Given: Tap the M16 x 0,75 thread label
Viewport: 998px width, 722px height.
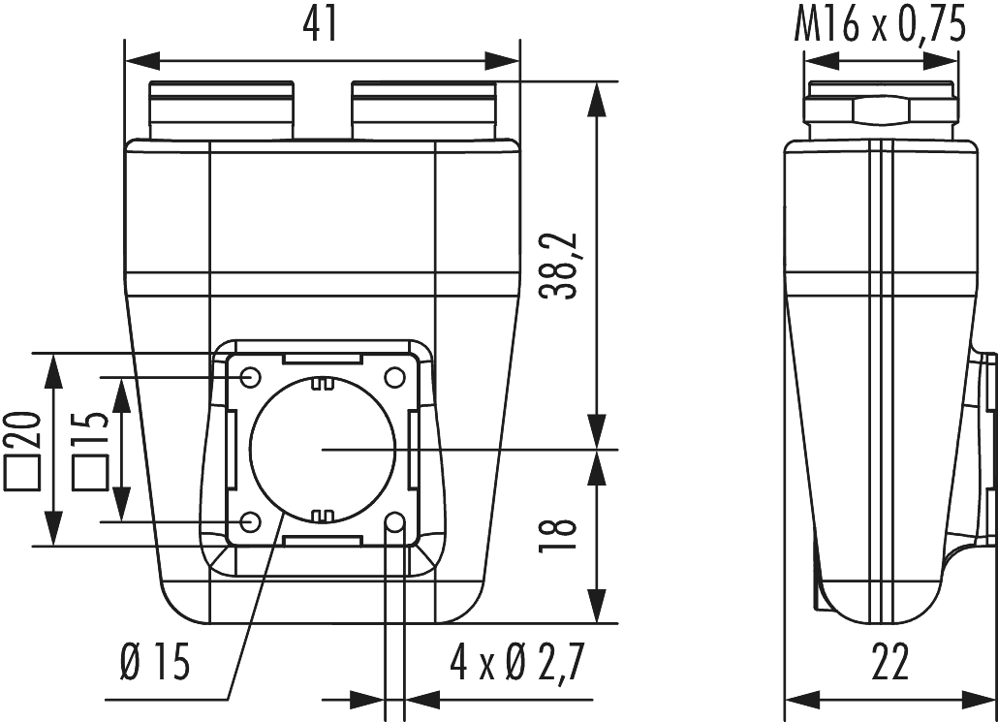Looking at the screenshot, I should [881, 25].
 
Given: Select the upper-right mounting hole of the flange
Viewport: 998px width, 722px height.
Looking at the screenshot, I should [394, 376].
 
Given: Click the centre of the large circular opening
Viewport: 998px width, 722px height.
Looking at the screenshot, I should [322, 450].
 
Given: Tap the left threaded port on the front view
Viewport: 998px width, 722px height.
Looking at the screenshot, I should [221, 111].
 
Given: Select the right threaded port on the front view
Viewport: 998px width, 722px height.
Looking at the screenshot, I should [423, 111].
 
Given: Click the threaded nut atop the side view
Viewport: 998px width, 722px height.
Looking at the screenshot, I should [882, 111].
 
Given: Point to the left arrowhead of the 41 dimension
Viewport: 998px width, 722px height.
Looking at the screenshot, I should [140, 61].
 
